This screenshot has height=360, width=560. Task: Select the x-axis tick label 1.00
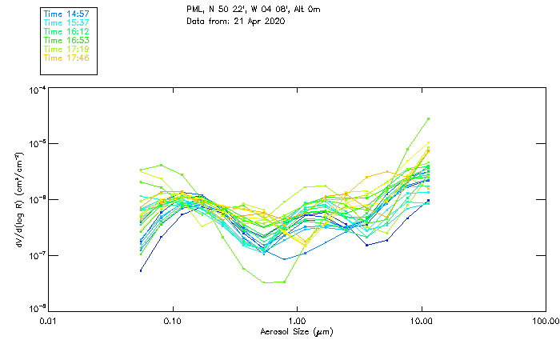[297, 321]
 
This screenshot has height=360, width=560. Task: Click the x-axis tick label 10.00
[421, 321]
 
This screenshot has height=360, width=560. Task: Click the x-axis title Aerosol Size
[296, 331]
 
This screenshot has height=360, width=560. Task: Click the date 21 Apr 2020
[259, 21]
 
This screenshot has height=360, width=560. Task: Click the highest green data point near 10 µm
[429, 118]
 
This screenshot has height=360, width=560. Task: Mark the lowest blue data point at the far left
[141, 270]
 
